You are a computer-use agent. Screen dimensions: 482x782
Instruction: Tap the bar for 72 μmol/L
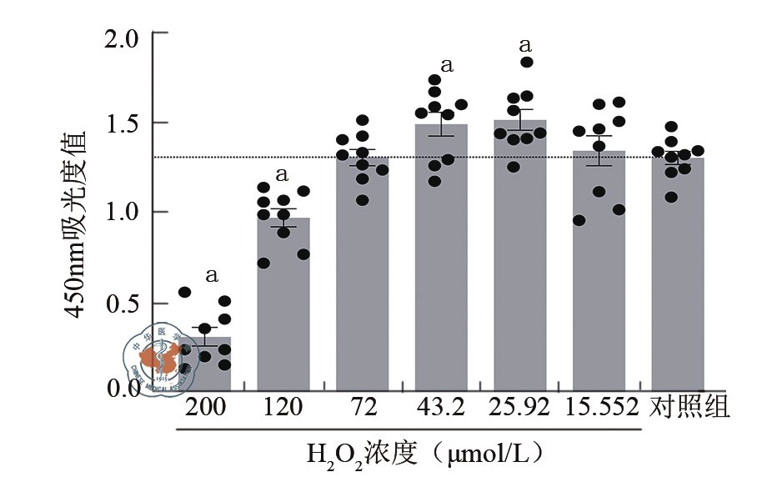click(x=362, y=275)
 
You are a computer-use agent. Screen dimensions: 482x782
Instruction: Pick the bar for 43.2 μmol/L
click(x=441, y=259)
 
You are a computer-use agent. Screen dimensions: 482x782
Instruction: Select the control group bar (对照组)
click(x=678, y=275)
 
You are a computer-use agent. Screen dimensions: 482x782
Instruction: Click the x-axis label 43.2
click(x=442, y=408)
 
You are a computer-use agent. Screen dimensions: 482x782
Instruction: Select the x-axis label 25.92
click(x=520, y=408)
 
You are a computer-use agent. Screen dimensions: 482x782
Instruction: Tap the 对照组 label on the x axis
click(x=689, y=408)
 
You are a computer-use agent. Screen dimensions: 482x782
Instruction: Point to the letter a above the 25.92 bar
click(x=526, y=44)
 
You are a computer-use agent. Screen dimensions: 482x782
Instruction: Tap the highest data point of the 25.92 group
click(x=527, y=63)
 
